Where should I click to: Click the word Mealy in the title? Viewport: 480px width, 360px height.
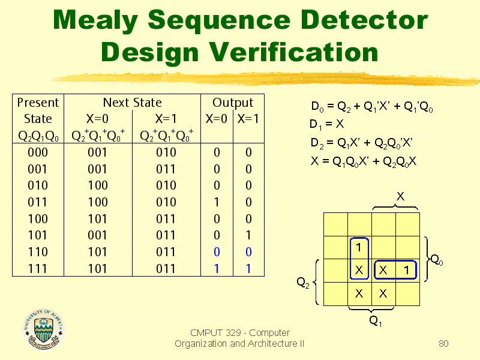click(x=95, y=20)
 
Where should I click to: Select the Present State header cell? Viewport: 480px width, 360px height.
click(x=38, y=118)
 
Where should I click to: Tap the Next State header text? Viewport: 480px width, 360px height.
click(x=132, y=103)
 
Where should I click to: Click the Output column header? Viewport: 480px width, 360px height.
click(x=233, y=103)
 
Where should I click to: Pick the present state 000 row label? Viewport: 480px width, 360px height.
click(x=38, y=152)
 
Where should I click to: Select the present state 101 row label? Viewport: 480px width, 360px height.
click(x=38, y=235)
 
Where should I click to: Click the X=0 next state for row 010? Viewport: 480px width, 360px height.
click(x=98, y=185)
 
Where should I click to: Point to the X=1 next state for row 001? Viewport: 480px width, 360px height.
click(x=166, y=169)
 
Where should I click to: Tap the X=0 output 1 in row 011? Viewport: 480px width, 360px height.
click(x=217, y=202)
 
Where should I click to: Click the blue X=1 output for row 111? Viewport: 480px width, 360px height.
click(x=248, y=268)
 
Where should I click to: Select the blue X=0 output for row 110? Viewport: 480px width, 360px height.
click(x=217, y=252)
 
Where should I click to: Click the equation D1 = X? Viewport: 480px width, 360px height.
click(x=326, y=124)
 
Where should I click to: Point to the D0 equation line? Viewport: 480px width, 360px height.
click(x=372, y=107)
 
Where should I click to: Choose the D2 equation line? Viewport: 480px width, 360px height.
click(x=362, y=143)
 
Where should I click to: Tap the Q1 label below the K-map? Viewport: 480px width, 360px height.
click(x=376, y=321)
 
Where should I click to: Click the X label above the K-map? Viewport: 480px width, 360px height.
click(x=400, y=196)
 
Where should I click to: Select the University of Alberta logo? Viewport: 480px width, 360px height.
click(x=44, y=329)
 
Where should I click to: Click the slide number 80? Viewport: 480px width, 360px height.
click(x=443, y=343)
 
